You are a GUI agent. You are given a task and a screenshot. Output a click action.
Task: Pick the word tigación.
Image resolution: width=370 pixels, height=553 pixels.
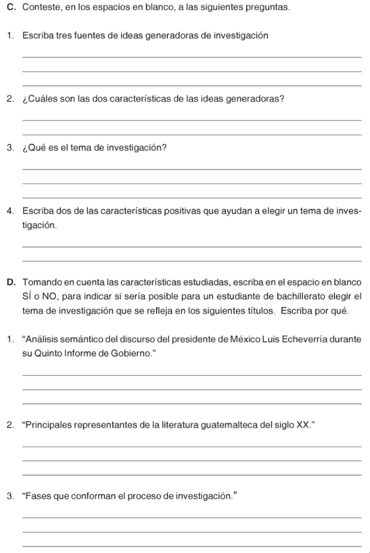coord(39,225)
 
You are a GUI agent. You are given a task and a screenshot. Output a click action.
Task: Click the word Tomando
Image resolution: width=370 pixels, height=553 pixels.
coord(42,282)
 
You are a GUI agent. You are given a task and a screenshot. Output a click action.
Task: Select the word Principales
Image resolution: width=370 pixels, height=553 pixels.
coord(46,424)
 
